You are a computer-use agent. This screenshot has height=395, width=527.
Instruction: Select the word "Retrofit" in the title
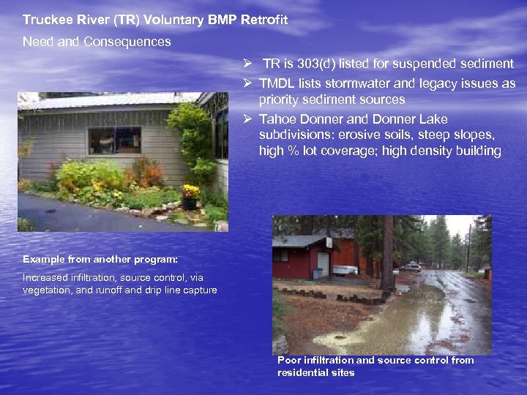point(263,20)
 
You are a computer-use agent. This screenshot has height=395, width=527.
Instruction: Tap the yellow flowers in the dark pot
point(190,192)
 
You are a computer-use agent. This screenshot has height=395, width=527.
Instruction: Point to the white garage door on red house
point(323,263)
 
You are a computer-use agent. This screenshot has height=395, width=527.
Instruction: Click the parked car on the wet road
point(411,266)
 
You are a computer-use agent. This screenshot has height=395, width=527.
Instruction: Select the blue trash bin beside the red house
point(316,274)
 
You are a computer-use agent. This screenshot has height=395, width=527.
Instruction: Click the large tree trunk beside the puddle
point(387,252)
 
